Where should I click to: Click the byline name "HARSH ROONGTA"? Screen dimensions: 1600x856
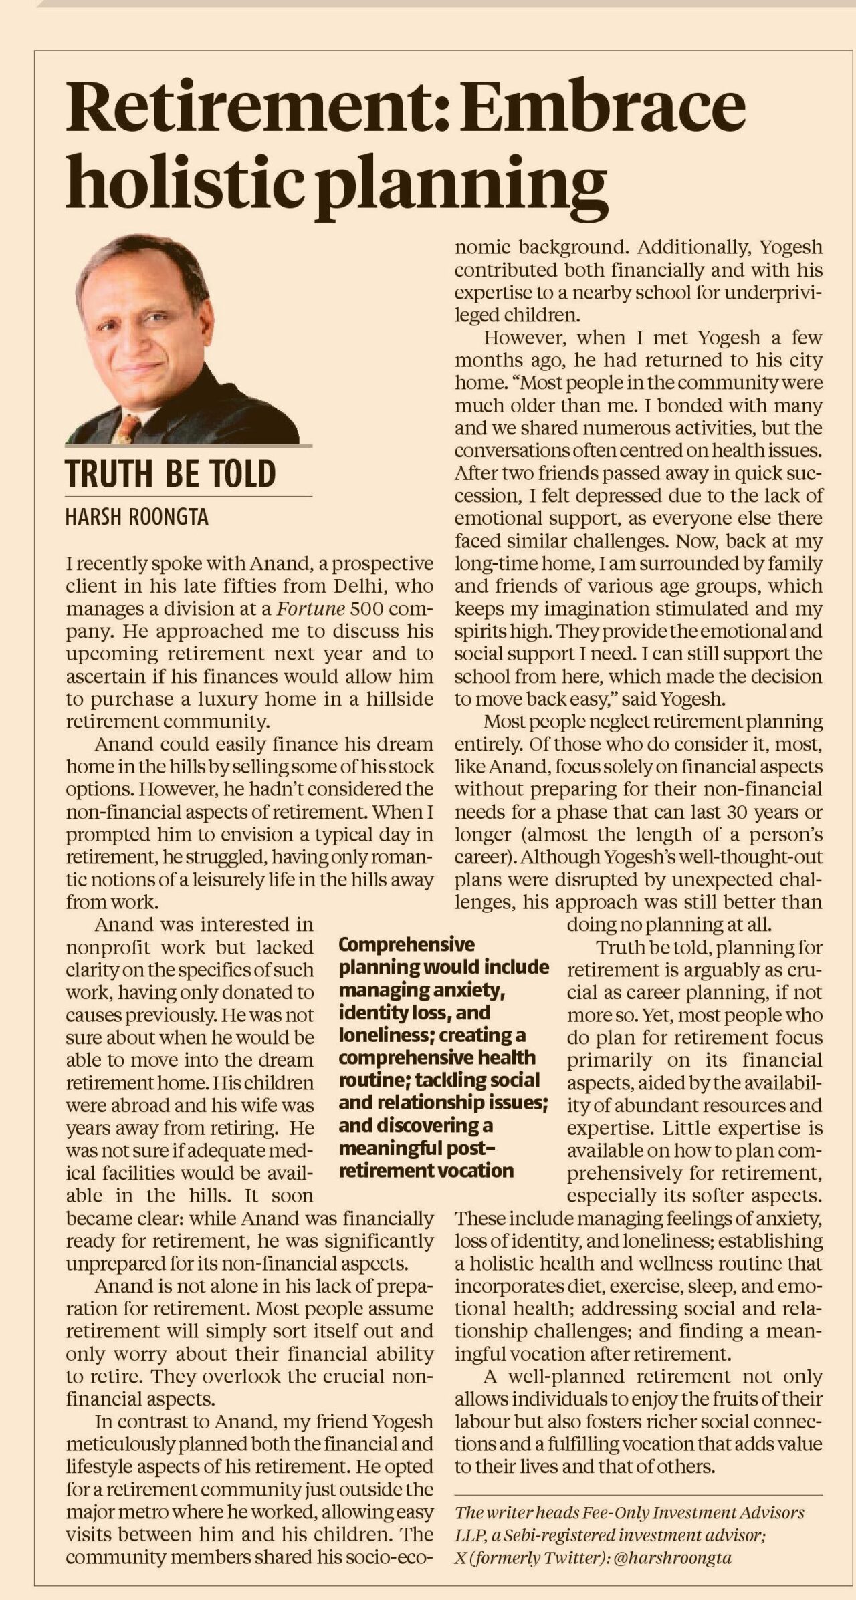click(137, 517)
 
